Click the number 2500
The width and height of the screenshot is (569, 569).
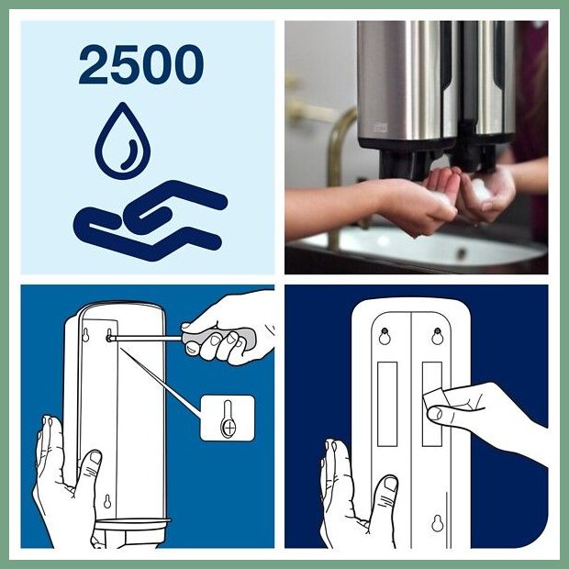tap(141, 64)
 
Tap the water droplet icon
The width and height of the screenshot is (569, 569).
tap(123, 140)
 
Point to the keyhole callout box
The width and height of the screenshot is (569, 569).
tap(228, 418)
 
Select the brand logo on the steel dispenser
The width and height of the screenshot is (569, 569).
tap(381, 128)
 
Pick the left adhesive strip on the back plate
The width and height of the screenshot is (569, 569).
tap(387, 404)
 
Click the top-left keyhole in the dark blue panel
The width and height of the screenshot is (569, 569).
tap(385, 336)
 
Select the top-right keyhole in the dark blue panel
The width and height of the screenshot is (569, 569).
tap(438, 336)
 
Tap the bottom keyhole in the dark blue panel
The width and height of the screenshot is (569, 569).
tap(438, 523)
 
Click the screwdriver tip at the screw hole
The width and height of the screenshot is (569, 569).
tap(109, 338)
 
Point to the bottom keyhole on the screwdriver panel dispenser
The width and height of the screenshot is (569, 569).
tap(107, 501)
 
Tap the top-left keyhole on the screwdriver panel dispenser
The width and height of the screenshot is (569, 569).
tap(85, 335)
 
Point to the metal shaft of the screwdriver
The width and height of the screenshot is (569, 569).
tap(146, 339)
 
